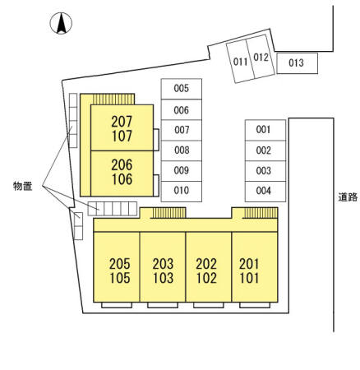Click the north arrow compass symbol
(61, 23)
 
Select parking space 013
(298, 63)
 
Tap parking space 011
(241, 61)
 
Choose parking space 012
(261, 57)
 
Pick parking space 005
(182, 89)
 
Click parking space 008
(182, 150)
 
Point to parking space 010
(182, 192)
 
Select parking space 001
(265, 130)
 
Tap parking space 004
(265, 192)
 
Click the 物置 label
(23, 186)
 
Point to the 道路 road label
(348, 197)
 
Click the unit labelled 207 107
(122, 127)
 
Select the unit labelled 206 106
(122, 173)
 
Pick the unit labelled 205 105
(117, 267)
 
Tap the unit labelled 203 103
(163, 267)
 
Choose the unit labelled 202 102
(209, 267)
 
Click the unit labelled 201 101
(255, 267)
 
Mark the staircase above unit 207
(113, 99)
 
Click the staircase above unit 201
(261, 213)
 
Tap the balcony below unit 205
(117, 305)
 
